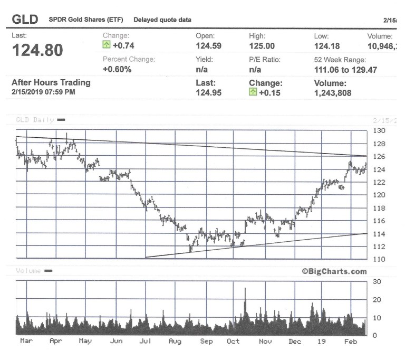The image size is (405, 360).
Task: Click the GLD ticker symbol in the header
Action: point(25,20)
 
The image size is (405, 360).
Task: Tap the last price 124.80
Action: point(37,51)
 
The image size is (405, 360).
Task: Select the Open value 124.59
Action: point(208,46)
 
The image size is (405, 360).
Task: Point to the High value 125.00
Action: point(262,46)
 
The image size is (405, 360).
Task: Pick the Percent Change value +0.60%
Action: point(117,69)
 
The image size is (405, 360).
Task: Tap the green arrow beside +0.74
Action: point(107,46)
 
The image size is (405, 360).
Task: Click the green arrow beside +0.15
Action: point(253,93)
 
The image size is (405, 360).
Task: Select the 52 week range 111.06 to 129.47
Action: point(345,70)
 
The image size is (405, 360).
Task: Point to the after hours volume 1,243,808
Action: point(332,93)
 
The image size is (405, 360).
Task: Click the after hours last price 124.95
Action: point(208,93)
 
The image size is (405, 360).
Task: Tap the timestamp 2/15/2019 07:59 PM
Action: point(43,92)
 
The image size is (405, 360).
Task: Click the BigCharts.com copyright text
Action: point(334,271)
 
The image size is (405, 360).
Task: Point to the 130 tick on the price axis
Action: point(379,130)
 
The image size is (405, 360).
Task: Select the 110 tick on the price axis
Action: point(379,259)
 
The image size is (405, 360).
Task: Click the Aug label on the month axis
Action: point(175,342)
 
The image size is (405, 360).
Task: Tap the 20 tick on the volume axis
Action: point(377,299)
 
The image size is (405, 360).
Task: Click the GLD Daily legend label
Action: point(35,120)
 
